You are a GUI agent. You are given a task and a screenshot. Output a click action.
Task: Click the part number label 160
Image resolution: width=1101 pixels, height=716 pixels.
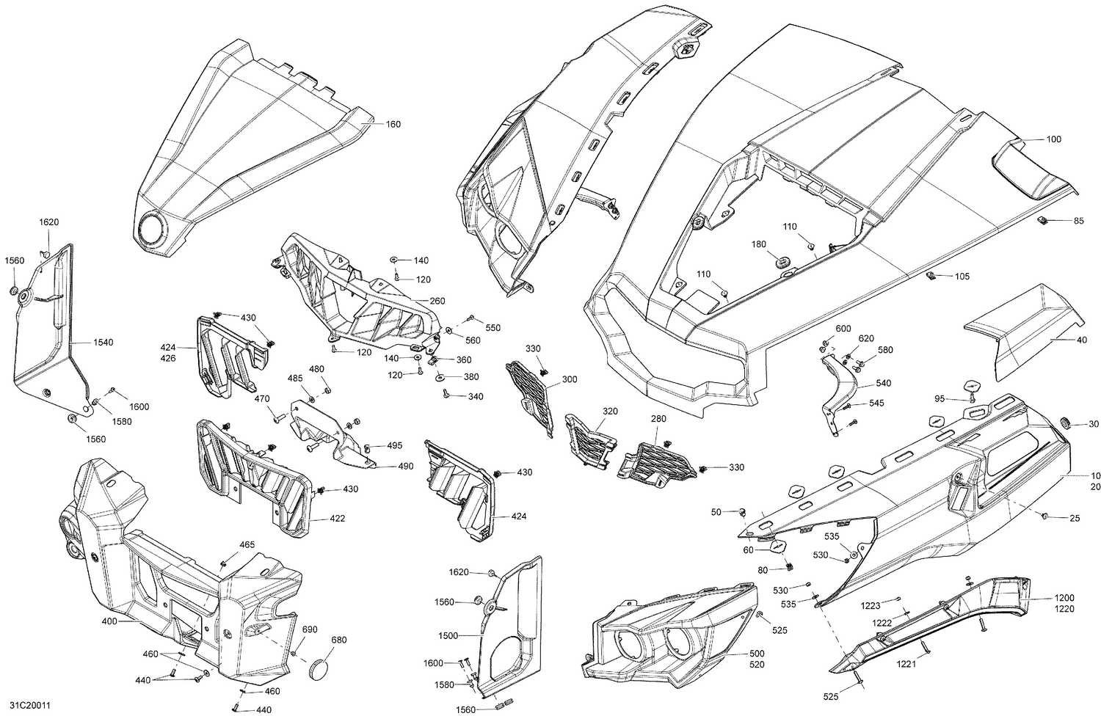coord(393,125)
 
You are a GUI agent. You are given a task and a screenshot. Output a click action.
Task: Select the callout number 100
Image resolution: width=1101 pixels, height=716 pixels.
coord(1054,139)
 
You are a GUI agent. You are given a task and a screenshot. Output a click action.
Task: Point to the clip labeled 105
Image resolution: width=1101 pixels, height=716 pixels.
coord(930,276)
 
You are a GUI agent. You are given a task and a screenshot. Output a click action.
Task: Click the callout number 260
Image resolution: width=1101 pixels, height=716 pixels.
coord(437,301)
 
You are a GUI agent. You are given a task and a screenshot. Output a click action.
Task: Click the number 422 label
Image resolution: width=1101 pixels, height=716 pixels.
coord(337,519)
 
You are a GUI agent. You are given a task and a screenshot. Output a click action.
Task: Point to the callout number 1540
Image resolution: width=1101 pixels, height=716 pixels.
coord(103,343)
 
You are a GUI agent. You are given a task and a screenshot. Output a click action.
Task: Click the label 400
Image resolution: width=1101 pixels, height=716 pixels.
coord(109,621)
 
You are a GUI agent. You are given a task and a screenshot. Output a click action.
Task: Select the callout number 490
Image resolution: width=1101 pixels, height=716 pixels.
coord(405,467)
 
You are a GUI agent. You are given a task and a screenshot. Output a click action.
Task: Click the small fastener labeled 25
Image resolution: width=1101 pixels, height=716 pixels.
coord(1043,518)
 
